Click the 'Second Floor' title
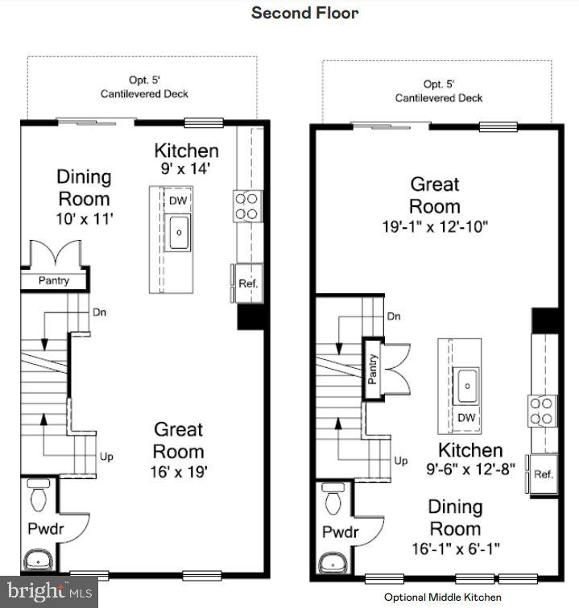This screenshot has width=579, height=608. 305,13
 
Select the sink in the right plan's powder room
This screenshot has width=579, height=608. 331,560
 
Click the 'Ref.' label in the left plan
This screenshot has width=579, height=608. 246,283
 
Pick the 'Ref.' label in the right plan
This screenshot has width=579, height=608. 544,474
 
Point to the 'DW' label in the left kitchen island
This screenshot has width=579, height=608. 176,201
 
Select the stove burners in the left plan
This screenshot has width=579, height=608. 247,205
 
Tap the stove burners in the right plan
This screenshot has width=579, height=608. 543,410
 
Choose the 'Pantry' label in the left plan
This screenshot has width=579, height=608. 54,281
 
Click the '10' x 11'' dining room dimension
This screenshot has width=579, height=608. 84,217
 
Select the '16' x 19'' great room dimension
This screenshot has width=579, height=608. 179,473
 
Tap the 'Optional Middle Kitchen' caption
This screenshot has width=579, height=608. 442,597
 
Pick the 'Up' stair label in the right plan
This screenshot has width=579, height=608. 400,461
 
